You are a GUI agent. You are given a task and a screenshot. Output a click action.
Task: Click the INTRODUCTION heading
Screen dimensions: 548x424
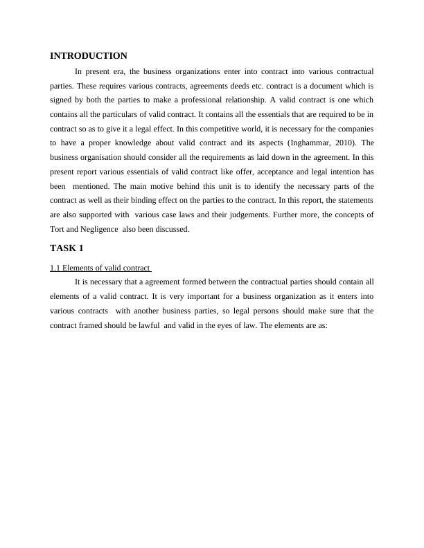89,56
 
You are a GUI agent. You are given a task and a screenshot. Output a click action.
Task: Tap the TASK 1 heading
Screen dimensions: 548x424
67,248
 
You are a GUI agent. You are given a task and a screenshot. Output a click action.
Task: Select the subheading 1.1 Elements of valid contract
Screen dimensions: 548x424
100,268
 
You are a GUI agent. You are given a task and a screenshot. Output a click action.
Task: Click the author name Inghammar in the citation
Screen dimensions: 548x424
286,143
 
